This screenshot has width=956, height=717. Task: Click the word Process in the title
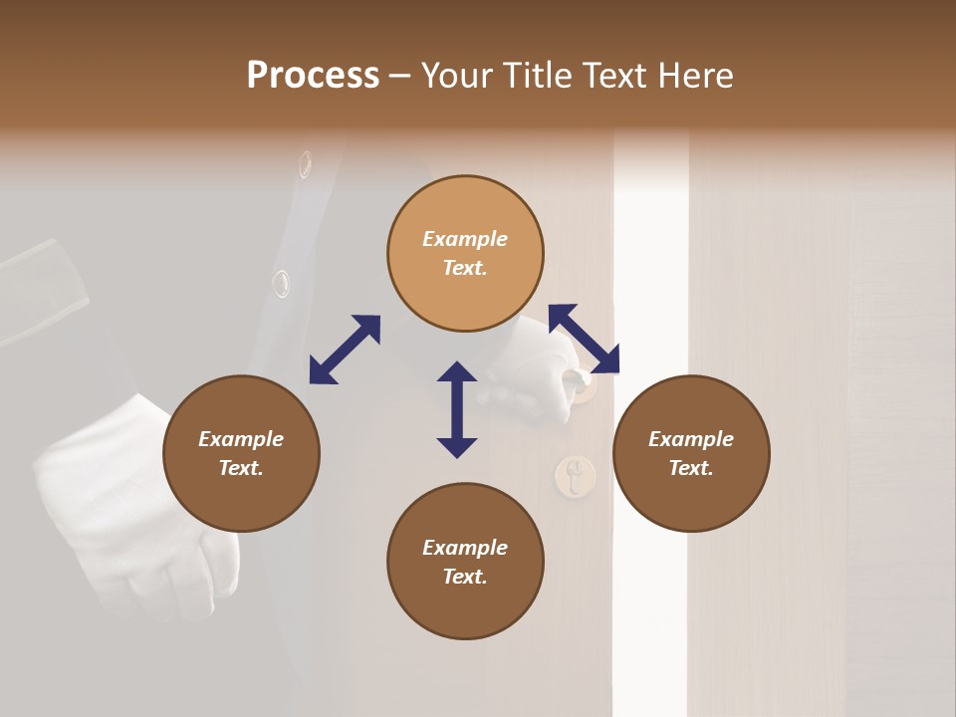313,76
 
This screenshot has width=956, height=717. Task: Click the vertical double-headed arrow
457,409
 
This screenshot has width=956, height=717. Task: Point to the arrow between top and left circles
345,350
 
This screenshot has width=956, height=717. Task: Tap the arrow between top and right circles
584,339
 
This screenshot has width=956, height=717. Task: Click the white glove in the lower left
129,508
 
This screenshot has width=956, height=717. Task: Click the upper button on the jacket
305,164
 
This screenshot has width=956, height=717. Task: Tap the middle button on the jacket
282,283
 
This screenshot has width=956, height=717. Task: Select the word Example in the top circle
465,239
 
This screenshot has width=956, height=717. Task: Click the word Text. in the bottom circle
465,577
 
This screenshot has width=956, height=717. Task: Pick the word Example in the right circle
691,439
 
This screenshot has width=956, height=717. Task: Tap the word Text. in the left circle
241,468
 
